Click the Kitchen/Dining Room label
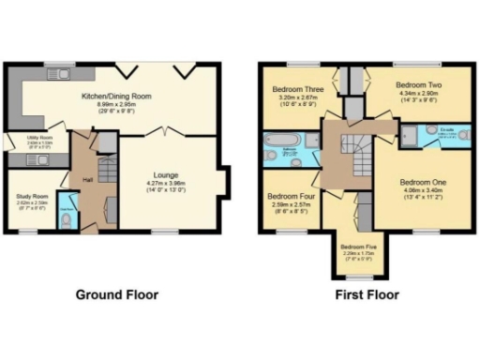117,97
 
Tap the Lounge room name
165,174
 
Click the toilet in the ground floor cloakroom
63,217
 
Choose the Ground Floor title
116,294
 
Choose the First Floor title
367,294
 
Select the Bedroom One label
423,181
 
